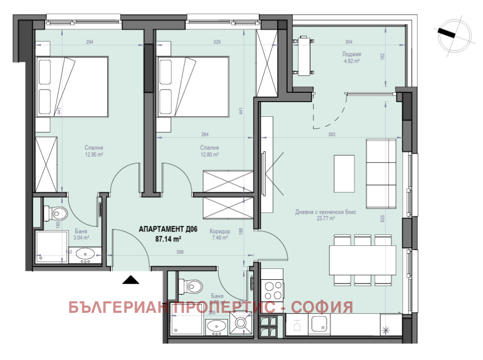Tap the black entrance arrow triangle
(x=131, y=280)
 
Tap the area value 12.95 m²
(x=93, y=155)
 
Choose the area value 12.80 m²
(x=208, y=155)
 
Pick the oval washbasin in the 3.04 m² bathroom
(x=85, y=255)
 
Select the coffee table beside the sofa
(x=343, y=173)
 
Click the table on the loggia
(x=304, y=56)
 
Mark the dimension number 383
(x=331, y=135)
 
